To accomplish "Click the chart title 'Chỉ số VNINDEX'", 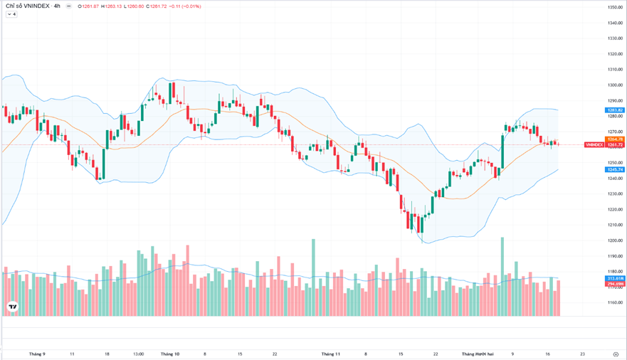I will point(28,6).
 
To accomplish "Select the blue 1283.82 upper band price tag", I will point(615,110).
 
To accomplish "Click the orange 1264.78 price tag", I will point(615,139).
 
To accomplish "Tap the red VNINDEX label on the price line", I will point(594,145).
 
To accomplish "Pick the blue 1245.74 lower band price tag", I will point(615,169).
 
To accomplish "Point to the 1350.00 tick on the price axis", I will point(615,7).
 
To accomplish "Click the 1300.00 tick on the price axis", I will point(615,85).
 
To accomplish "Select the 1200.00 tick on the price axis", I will point(615,240).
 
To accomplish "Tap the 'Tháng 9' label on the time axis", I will point(37,354).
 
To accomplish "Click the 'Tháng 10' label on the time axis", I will point(170,354).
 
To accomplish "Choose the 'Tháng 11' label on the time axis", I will point(331,354).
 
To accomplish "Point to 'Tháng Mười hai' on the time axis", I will point(477,354).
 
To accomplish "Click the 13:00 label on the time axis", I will point(138,354).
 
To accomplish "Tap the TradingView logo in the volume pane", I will point(12,307).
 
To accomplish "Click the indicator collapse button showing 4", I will point(11,14).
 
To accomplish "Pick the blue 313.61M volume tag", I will point(615,278).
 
